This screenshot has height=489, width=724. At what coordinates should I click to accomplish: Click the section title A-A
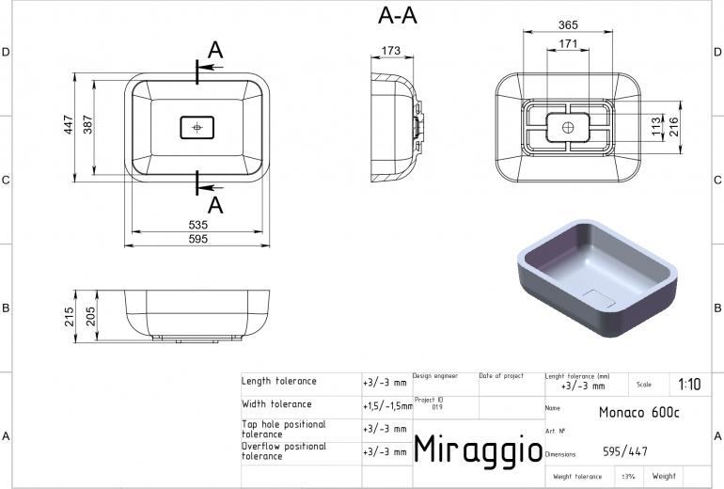(x=398, y=15)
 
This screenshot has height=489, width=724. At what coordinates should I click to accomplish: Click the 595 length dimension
(x=198, y=239)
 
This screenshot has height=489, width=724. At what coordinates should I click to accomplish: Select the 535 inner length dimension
(x=198, y=225)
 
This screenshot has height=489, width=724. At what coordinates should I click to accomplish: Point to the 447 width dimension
(x=69, y=125)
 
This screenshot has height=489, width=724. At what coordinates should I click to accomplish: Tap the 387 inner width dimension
(x=87, y=125)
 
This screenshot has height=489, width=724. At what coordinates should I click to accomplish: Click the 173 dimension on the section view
(x=391, y=51)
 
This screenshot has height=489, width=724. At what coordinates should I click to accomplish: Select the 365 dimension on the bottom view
(x=568, y=25)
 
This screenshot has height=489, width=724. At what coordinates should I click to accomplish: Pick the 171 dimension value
(x=568, y=43)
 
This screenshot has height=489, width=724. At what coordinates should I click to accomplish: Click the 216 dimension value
(x=673, y=127)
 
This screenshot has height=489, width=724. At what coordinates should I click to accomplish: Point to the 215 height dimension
(x=70, y=317)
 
